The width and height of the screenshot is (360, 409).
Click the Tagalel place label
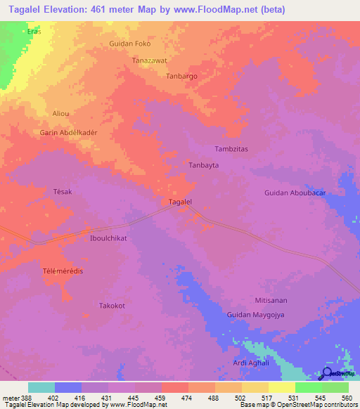coord(181,202)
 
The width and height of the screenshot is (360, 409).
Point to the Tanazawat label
coord(150,60)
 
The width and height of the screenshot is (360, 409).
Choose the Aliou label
coord(61,112)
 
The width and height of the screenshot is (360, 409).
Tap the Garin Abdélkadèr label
coord(68,132)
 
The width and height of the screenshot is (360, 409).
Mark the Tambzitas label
coord(231,149)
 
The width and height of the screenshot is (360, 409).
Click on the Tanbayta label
coord(204,165)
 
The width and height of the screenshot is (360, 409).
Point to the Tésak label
coord(63,191)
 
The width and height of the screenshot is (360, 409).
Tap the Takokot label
coord(112,306)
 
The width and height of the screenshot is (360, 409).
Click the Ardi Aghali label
coord(252,363)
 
